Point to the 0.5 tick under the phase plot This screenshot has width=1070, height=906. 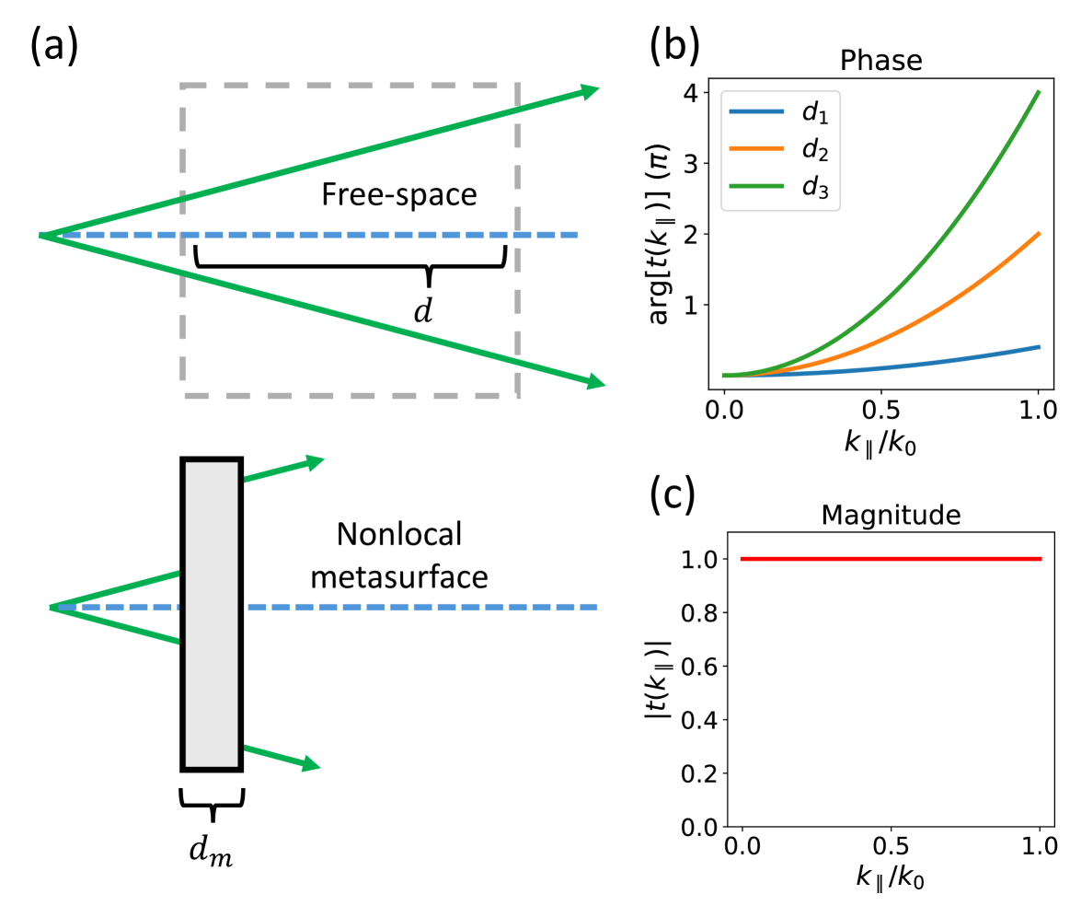click(x=881, y=407)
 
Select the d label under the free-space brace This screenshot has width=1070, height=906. click(x=422, y=310)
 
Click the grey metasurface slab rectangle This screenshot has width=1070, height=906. click(x=213, y=613)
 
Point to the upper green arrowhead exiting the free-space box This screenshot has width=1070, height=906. click(x=589, y=90)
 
